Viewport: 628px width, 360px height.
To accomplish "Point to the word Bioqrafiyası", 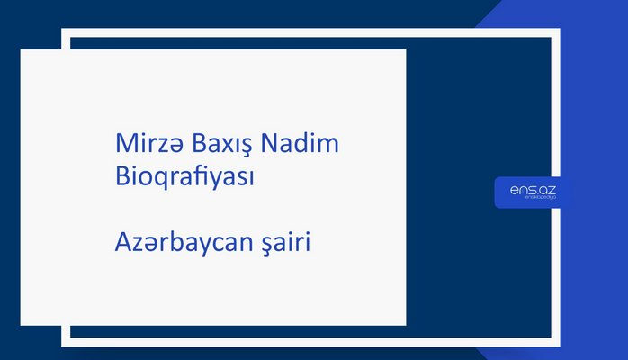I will point(184,176).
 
